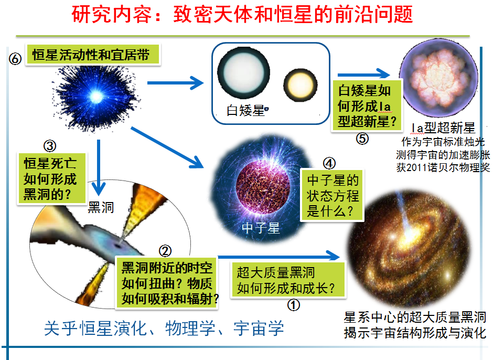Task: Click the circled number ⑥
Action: (15, 59)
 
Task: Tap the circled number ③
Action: (50, 146)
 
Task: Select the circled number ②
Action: (165, 251)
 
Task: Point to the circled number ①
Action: (294, 305)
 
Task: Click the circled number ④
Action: (329, 163)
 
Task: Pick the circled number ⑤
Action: (362, 139)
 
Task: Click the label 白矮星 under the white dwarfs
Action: (245, 111)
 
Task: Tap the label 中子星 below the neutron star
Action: (261, 228)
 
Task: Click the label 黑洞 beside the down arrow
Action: (101, 207)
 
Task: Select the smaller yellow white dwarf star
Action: (300, 85)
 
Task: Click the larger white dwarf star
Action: (243, 72)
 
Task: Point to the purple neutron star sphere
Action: (263, 187)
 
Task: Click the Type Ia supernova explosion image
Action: (439, 78)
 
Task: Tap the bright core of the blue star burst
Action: (96, 96)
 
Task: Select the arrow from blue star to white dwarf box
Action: (176, 83)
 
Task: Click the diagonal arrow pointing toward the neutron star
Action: (167, 147)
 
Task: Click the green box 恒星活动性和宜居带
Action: (93, 55)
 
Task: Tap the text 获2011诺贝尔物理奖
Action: (443, 167)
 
